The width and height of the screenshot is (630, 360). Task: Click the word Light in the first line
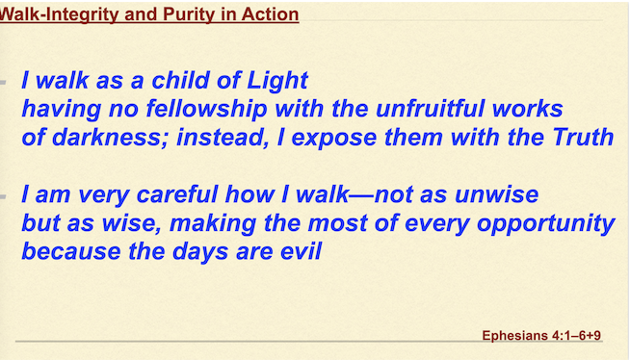[x=277, y=81]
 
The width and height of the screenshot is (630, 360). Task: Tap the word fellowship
[x=206, y=109]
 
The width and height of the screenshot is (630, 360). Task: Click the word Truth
[x=583, y=137]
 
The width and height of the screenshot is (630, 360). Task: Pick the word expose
[x=333, y=139]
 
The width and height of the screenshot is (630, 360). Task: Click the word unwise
[x=497, y=194]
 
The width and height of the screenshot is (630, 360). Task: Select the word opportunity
[x=546, y=224]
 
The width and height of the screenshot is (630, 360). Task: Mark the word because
[x=71, y=251]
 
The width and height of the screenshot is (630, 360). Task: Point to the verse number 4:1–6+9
[x=577, y=335]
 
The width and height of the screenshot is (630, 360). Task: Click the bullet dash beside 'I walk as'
[x=3, y=83]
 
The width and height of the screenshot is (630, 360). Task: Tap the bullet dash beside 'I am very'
[x=3, y=196]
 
